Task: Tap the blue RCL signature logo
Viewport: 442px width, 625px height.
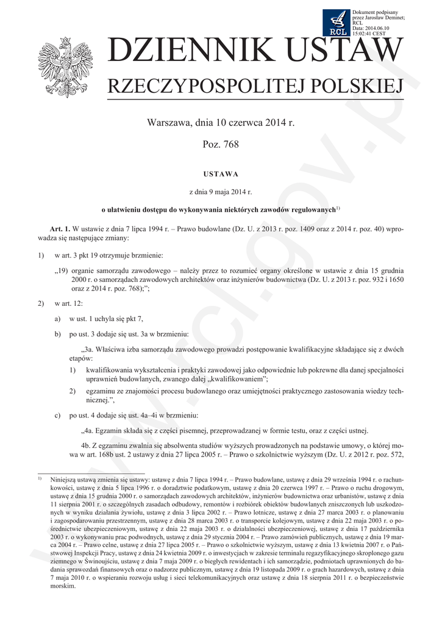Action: pyautogui.click(x=336, y=23)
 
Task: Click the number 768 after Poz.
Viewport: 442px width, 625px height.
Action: pyautogui.click(x=229, y=145)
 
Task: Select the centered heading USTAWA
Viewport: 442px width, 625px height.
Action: pyautogui.click(x=221, y=174)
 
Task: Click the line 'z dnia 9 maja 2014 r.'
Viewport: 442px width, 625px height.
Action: pyautogui.click(x=221, y=192)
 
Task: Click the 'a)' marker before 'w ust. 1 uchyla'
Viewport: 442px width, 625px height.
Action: pyautogui.click(x=58, y=319)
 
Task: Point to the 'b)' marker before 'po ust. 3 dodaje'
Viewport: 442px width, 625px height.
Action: pyautogui.click(x=58, y=334)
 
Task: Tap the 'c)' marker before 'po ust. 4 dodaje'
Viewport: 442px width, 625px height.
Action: pyautogui.click(x=58, y=415)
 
